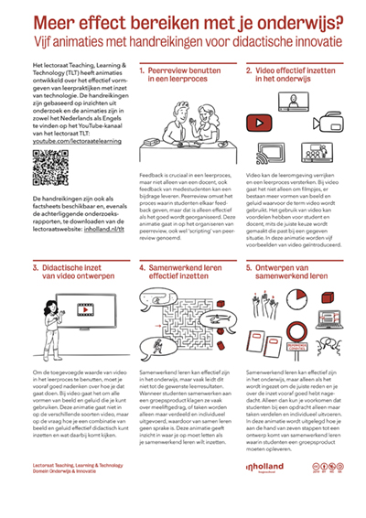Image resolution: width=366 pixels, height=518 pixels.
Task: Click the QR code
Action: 48,167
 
